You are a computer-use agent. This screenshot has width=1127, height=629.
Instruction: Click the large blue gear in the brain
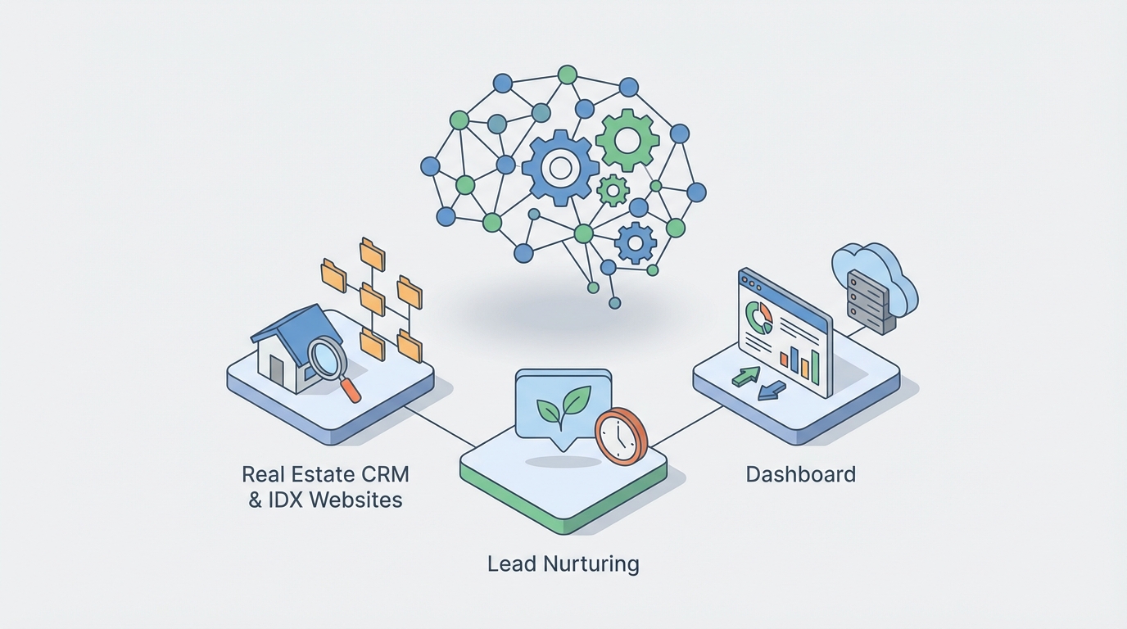pos(560,168)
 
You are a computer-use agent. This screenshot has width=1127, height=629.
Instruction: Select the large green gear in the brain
pos(627,140)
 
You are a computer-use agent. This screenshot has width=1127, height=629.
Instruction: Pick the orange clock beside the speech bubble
pos(620,437)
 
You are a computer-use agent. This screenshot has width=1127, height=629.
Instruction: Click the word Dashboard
pos(800,474)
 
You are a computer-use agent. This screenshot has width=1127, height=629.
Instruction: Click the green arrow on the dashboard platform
pos(745,376)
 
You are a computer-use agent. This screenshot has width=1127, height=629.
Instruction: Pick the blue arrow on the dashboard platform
pos(771,391)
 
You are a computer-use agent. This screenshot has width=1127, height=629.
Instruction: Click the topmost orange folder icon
pos(372,254)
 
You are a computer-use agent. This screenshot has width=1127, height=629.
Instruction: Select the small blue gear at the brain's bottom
pos(636,242)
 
